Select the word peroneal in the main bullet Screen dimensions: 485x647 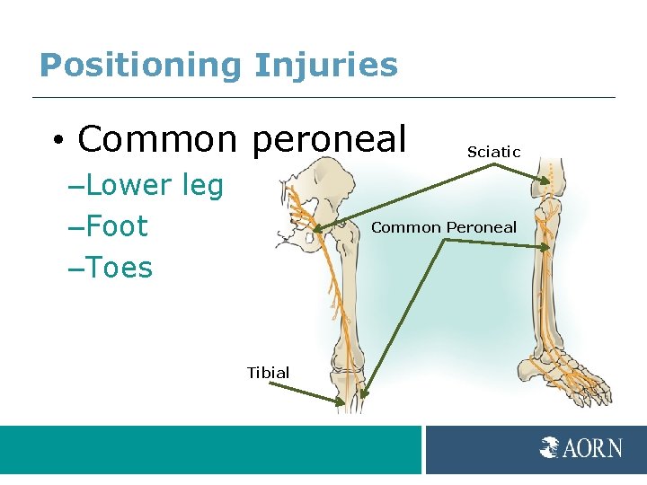click(329, 140)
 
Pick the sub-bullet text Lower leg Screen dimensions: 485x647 click(155, 185)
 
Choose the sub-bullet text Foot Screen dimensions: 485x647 click(117, 226)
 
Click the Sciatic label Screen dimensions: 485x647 click(493, 152)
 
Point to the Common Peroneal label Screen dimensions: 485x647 click(444, 227)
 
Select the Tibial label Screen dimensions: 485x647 click(268, 372)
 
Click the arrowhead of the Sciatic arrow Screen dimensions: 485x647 click(547, 183)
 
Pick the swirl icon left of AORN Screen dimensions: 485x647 click(550, 447)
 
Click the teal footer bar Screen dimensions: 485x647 click(210, 449)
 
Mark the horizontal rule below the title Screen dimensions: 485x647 click(323, 97)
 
